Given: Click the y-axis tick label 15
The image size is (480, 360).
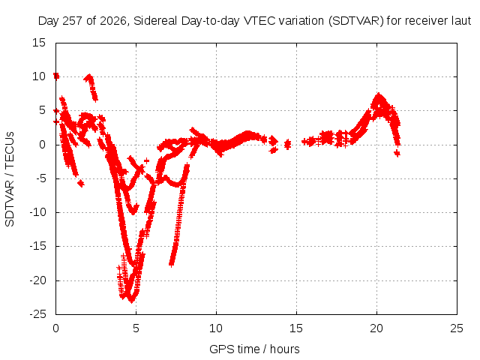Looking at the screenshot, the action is click(39, 43).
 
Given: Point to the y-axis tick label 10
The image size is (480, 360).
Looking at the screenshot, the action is click(39, 76).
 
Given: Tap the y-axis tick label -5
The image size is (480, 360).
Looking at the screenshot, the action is click(39, 178).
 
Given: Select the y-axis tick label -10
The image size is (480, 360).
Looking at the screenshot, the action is click(37, 212).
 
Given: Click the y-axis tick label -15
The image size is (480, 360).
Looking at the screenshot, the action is click(37, 246).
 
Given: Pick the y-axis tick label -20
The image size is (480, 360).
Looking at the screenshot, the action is click(37, 280).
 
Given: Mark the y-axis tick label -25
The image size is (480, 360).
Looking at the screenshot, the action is click(37, 314).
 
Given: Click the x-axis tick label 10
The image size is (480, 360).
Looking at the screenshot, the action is click(216, 328).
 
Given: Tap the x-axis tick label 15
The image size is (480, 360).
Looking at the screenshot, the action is click(296, 328).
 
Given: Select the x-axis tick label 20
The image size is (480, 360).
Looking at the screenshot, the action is click(376, 328).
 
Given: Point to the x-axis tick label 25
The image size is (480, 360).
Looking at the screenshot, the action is click(457, 328).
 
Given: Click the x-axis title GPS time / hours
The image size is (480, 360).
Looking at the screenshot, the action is click(254, 349).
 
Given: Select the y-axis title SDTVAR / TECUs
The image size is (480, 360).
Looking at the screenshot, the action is click(10, 179).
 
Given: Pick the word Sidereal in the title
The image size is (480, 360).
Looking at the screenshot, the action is click(155, 21).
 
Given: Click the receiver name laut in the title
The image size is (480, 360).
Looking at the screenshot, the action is click(461, 21).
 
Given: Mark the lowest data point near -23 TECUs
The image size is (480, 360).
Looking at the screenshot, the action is click(132, 301).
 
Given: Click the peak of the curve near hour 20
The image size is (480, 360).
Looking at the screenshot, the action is click(379, 95).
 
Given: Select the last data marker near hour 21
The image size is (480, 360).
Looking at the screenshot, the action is click(397, 153).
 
